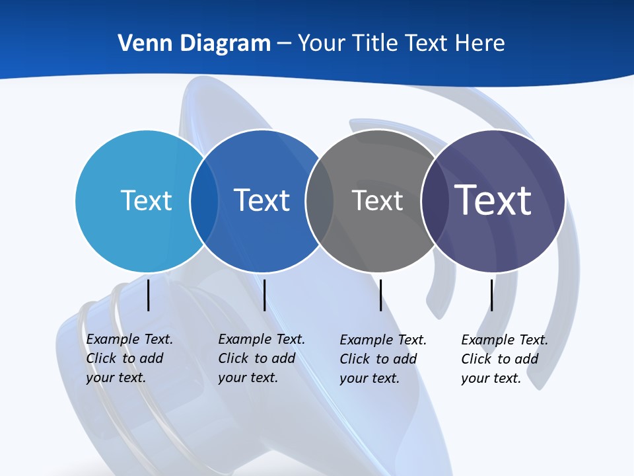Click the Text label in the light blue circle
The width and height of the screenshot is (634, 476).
tap(146, 200)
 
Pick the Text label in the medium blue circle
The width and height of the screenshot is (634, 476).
tap(262, 200)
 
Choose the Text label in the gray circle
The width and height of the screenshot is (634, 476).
tap(377, 200)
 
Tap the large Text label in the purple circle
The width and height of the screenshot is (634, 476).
tap(493, 200)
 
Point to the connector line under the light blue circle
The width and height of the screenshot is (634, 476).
tap(149, 295)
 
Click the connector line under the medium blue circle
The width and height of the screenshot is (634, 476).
tap(265, 295)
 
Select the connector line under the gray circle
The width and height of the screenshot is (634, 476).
tap(381, 295)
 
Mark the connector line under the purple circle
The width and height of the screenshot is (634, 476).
tap(492, 295)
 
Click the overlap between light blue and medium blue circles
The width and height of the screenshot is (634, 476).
tap(204, 201)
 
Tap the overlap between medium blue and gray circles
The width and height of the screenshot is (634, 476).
tap(320, 201)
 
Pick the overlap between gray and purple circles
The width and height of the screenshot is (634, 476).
tap(434, 201)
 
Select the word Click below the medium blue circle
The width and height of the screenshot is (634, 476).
tap(233, 358)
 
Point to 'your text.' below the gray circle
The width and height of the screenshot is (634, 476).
tap(369, 378)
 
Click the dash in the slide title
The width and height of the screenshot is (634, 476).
tap(284, 44)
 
